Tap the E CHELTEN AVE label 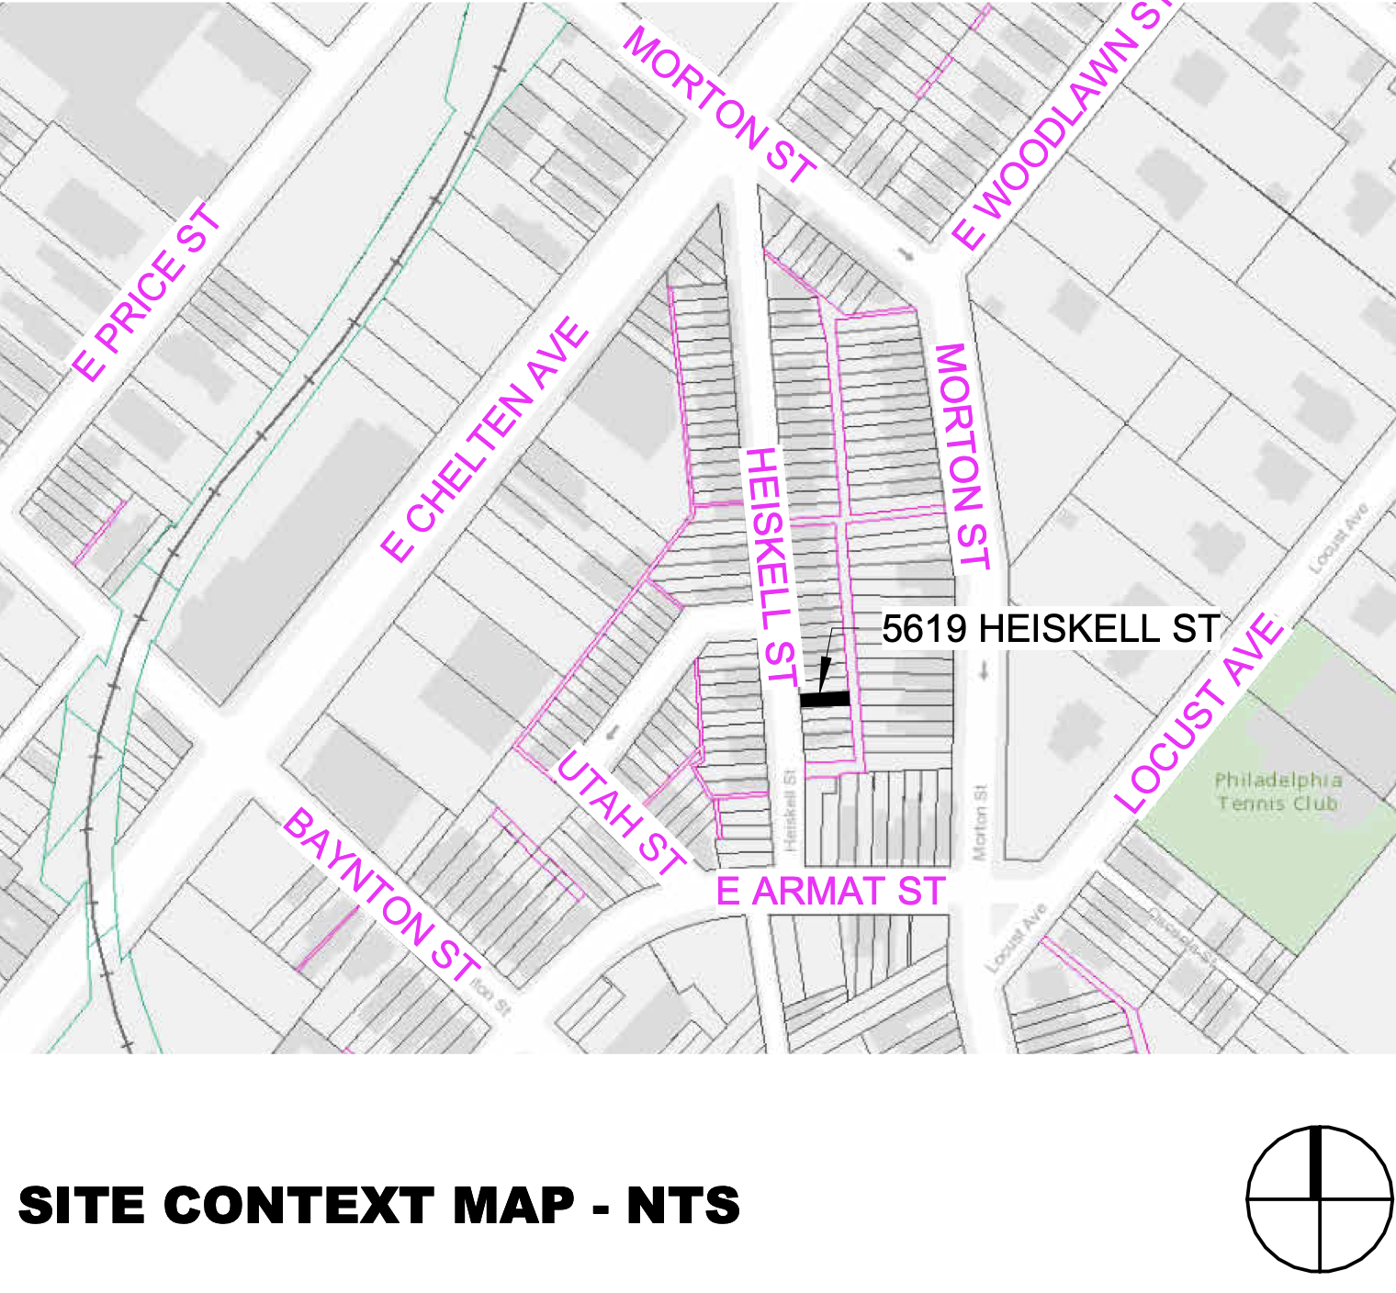point(484,439)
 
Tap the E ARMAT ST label point(830,892)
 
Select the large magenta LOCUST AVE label point(1199,714)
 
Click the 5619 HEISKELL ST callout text point(1051,629)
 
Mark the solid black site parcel point(825,699)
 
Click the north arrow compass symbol point(1320,1198)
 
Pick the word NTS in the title point(683,1205)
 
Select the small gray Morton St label point(980,821)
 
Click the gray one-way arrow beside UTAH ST point(613,733)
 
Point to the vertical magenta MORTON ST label point(962,456)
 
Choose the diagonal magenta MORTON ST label point(719,106)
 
